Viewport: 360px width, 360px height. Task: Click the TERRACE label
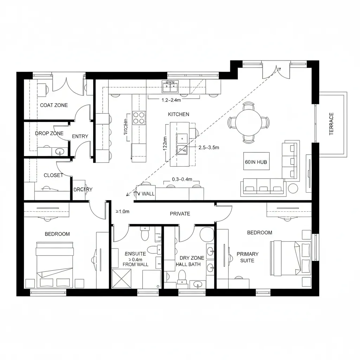coord(332,124)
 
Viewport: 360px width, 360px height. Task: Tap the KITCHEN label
coord(179,114)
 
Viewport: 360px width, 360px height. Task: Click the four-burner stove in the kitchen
coord(139,117)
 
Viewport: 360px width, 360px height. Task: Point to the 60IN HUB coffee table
coord(256,162)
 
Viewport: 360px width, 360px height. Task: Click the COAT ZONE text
coord(54,105)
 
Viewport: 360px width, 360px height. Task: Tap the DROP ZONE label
coord(49,133)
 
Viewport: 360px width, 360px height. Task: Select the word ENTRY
coord(80,136)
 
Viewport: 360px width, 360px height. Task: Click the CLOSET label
coord(53,175)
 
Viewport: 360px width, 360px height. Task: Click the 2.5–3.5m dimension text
coord(209,148)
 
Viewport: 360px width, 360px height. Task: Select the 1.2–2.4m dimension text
coord(171,100)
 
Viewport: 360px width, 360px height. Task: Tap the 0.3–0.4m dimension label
coord(182,179)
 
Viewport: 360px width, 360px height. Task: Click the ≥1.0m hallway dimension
coord(123,212)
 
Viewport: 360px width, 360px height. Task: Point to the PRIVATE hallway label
coord(180,213)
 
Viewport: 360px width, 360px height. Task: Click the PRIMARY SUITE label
coord(247,257)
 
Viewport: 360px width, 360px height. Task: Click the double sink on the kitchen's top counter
coord(170,85)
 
